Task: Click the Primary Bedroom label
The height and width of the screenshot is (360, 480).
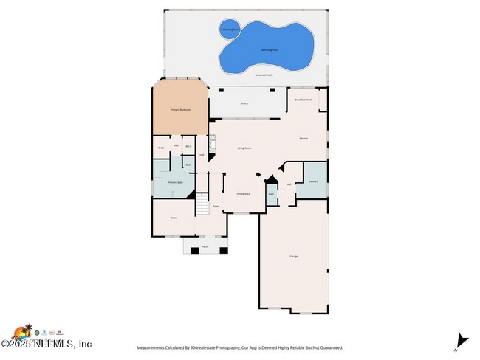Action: point(180,110)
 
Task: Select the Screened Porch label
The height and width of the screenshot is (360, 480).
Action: point(263,75)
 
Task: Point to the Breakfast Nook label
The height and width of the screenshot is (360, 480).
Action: point(304,99)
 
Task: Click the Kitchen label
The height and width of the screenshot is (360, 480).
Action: point(303,138)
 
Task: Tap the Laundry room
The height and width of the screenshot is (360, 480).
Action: point(313,181)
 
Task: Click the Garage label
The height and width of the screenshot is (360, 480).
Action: point(293,256)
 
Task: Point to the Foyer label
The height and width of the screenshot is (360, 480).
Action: point(216,207)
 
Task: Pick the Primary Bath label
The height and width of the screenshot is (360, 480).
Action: point(175,182)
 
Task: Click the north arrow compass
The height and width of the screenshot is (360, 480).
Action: point(462,341)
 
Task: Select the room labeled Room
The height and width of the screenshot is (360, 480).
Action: point(174,218)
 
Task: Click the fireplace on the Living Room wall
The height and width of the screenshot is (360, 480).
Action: point(213,147)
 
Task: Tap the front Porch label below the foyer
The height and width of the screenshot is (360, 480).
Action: point(205,246)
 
